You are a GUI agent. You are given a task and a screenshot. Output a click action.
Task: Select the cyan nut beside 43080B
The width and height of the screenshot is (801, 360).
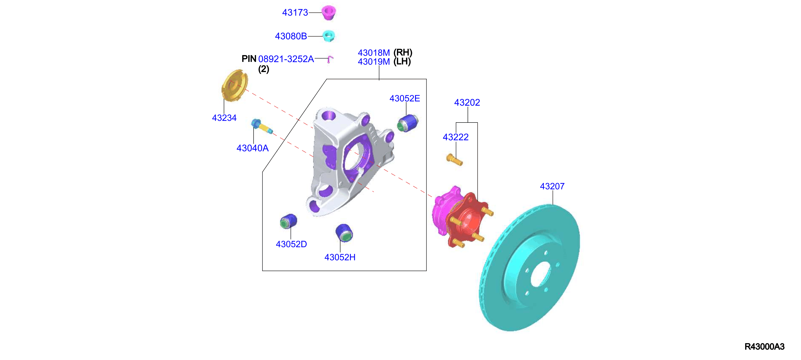click(x=328, y=36)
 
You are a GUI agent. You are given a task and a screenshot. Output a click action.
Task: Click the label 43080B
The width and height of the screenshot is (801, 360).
click(x=291, y=36)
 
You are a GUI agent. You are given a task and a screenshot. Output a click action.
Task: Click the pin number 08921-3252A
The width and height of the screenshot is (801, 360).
click(x=286, y=59)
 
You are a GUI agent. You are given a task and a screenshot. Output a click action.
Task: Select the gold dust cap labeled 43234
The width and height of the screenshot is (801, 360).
click(x=234, y=85)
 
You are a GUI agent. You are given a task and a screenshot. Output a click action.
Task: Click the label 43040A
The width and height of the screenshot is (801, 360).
click(x=253, y=148)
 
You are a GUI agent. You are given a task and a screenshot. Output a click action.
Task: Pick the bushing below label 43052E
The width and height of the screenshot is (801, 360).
click(x=408, y=123)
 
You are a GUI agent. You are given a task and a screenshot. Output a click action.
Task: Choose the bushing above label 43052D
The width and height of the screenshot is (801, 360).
click(x=289, y=221)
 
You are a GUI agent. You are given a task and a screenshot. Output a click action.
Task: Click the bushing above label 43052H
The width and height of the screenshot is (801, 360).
click(x=344, y=233)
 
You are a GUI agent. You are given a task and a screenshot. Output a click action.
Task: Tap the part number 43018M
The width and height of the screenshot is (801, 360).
click(x=374, y=53)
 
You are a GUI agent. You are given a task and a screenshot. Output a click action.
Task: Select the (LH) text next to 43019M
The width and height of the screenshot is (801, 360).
click(x=402, y=62)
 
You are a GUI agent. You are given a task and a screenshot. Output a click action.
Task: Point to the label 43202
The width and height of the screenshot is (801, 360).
click(x=467, y=102)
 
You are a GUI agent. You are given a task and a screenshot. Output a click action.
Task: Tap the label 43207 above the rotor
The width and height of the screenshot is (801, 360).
click(x=552, y=186)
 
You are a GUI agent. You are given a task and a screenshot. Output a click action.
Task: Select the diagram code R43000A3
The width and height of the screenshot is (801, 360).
click(x=764, y=347)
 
